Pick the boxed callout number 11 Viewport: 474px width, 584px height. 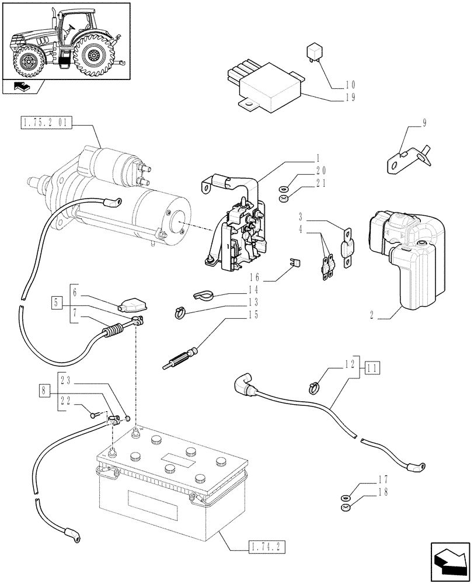pos(372,367)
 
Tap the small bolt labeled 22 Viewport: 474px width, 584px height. pos(95,415)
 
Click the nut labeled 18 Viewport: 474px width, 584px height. pos(345,507)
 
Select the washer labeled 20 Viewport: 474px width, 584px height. pos(283,189)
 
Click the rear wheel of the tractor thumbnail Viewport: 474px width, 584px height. pos(92,57)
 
